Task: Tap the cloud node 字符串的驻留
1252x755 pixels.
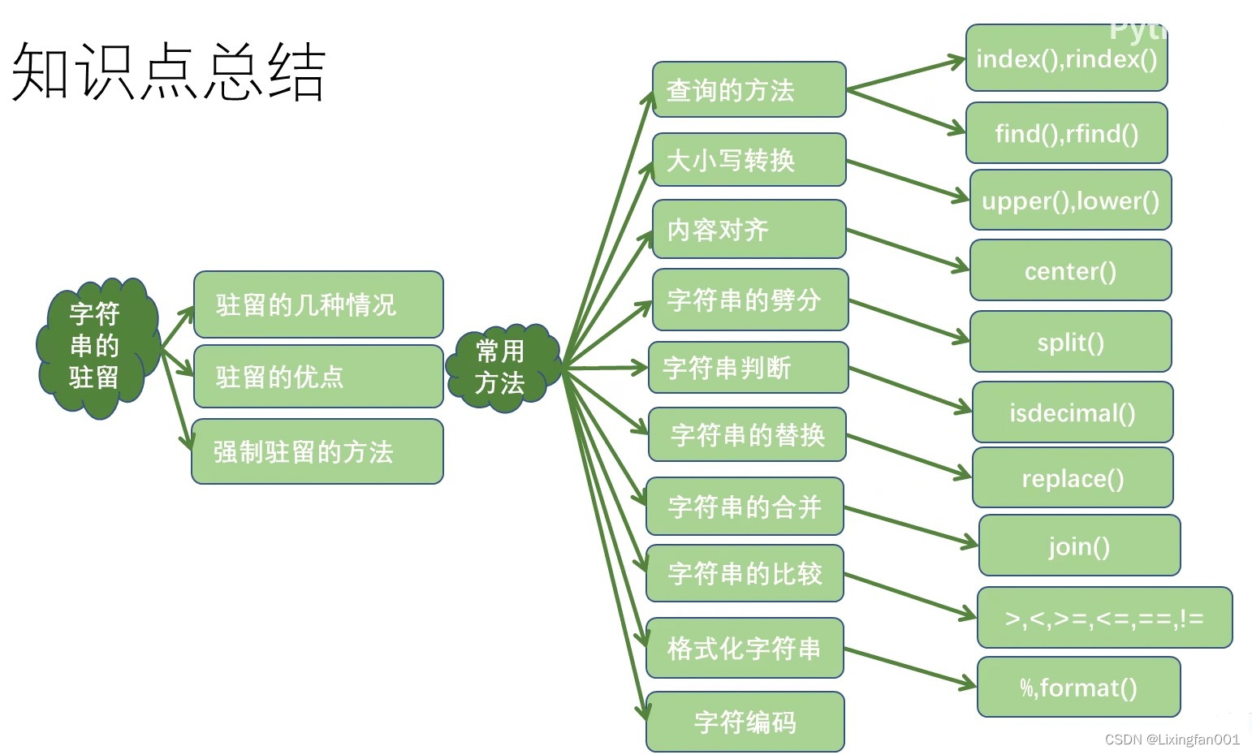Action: (96, 347)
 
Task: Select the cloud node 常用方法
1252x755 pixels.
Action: (501, 367)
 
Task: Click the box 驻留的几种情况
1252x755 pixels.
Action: (318, 305)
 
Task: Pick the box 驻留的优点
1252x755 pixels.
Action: (318, 377)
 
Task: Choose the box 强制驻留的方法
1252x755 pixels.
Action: (317, 451)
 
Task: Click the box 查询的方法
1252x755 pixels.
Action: (749, 89)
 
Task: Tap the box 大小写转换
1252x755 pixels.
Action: (749, 160)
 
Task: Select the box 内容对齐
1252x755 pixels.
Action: (749, 230)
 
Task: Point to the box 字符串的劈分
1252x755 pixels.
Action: (749, 300)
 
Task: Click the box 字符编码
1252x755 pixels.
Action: (745, 722)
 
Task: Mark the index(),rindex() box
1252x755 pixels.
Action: (1066, 58)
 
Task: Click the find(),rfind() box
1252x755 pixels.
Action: (1066, 133)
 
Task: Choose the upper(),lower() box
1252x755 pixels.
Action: (1070, 201)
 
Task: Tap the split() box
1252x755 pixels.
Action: (1070, 342)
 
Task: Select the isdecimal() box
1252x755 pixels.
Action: (1073, 412)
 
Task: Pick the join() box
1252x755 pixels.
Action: (1079, 546)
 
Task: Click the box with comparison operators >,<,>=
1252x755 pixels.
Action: (1104, 618)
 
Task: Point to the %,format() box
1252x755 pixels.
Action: (1078, 688)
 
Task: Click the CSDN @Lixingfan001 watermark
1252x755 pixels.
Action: (1172, 739)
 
